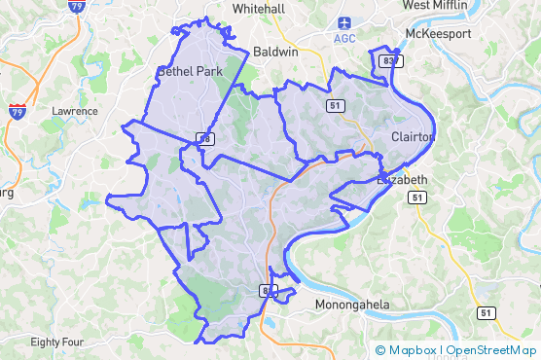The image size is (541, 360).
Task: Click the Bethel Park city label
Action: click(190, 72)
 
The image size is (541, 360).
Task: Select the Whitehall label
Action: click(259, 8)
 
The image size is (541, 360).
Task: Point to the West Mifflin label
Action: click(436, 6)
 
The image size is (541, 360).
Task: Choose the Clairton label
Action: click(412, 137)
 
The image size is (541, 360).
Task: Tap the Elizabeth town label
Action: click(402, 180)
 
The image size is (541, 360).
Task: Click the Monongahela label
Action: click(353, 305)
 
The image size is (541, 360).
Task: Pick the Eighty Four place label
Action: click(57, 342)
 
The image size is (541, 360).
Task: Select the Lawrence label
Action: click(75, 111)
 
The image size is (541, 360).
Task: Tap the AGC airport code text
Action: click(344, 38)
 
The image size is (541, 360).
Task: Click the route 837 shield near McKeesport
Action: click(390, 61)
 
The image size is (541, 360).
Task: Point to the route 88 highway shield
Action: click(204, 139)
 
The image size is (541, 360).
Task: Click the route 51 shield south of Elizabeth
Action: click(417, 198)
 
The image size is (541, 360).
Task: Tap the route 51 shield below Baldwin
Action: click(334, 105)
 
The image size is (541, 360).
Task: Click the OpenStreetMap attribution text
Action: click(491, 350)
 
